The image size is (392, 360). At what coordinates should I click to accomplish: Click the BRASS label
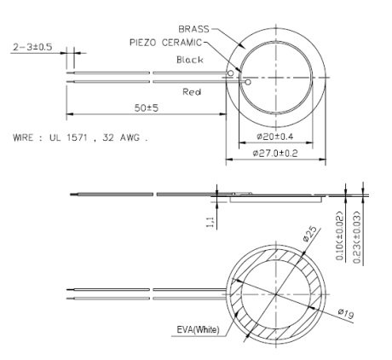[x=195, y=28]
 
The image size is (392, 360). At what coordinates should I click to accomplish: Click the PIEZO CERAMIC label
[x=166, y=41]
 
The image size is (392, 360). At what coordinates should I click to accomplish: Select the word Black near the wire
[x=190, y=60]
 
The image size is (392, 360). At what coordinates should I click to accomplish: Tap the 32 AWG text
[x=127, y=136]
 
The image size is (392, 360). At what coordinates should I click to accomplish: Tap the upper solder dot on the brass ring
[x=231, y=74]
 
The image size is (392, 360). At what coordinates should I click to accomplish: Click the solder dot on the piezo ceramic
[x=246, y=83]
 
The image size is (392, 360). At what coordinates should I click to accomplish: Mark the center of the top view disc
[x=278, y=78]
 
